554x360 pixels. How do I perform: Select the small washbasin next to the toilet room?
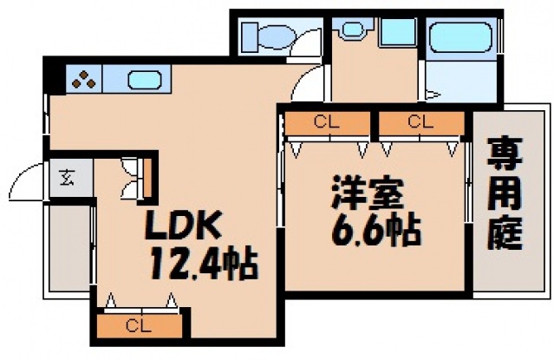(351, 29)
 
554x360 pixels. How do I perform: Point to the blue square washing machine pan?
(398, 34)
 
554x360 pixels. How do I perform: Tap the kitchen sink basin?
(143, 82)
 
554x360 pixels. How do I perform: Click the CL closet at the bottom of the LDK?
(140, 326)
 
